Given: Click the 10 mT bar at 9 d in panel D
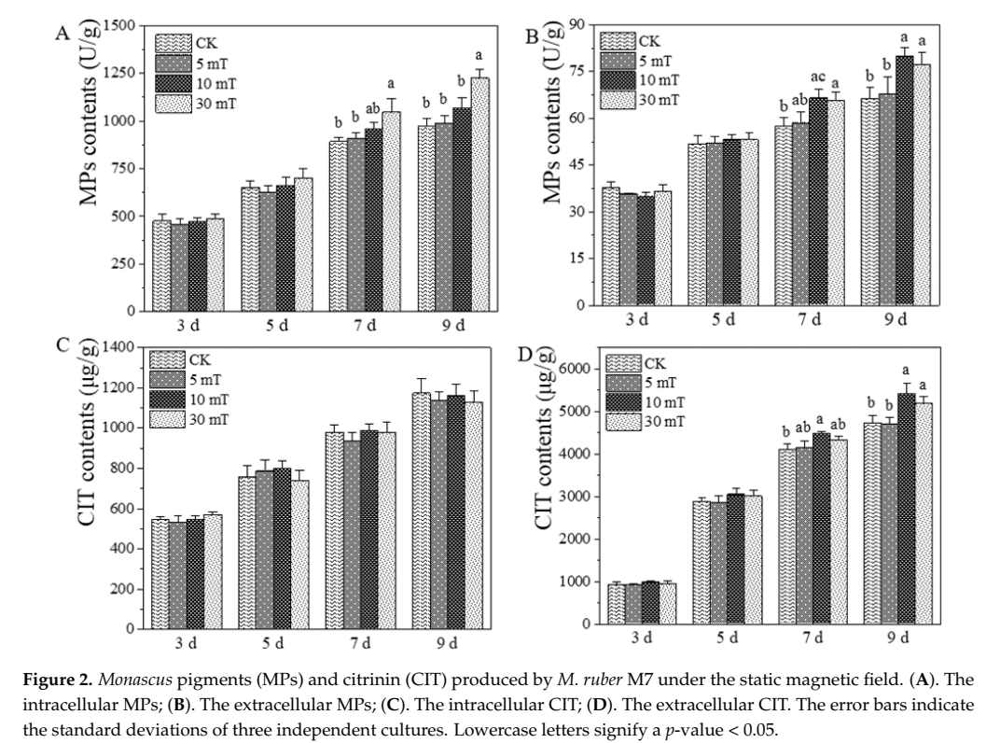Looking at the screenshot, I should coord(905,509).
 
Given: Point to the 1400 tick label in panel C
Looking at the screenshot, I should coord(117,347).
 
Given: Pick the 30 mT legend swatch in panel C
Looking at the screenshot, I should coord(166,419).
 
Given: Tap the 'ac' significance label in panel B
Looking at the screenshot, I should coord(818,77).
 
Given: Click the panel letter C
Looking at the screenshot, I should coord(62,344).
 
